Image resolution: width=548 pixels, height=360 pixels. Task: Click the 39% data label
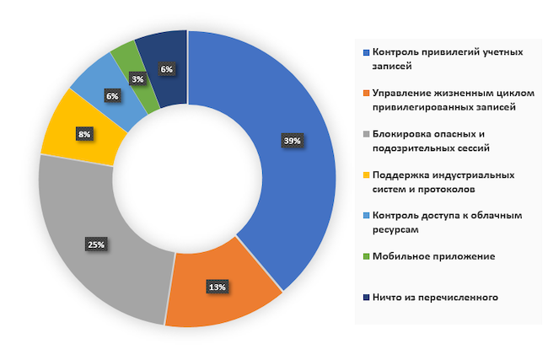coord(292,141)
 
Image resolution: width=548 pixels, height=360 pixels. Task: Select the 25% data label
coord(96,245)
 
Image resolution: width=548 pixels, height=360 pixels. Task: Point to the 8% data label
coord(83,134)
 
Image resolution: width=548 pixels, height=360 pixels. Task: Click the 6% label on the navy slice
coord(166,69)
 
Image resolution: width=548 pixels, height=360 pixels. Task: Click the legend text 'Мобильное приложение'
coord(434,255)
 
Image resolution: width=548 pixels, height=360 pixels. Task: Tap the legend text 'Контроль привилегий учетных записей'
coord(447,58)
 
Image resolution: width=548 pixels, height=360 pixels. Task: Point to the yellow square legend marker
coord(365,175)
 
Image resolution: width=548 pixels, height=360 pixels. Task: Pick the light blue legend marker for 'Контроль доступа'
coord(365,216)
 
